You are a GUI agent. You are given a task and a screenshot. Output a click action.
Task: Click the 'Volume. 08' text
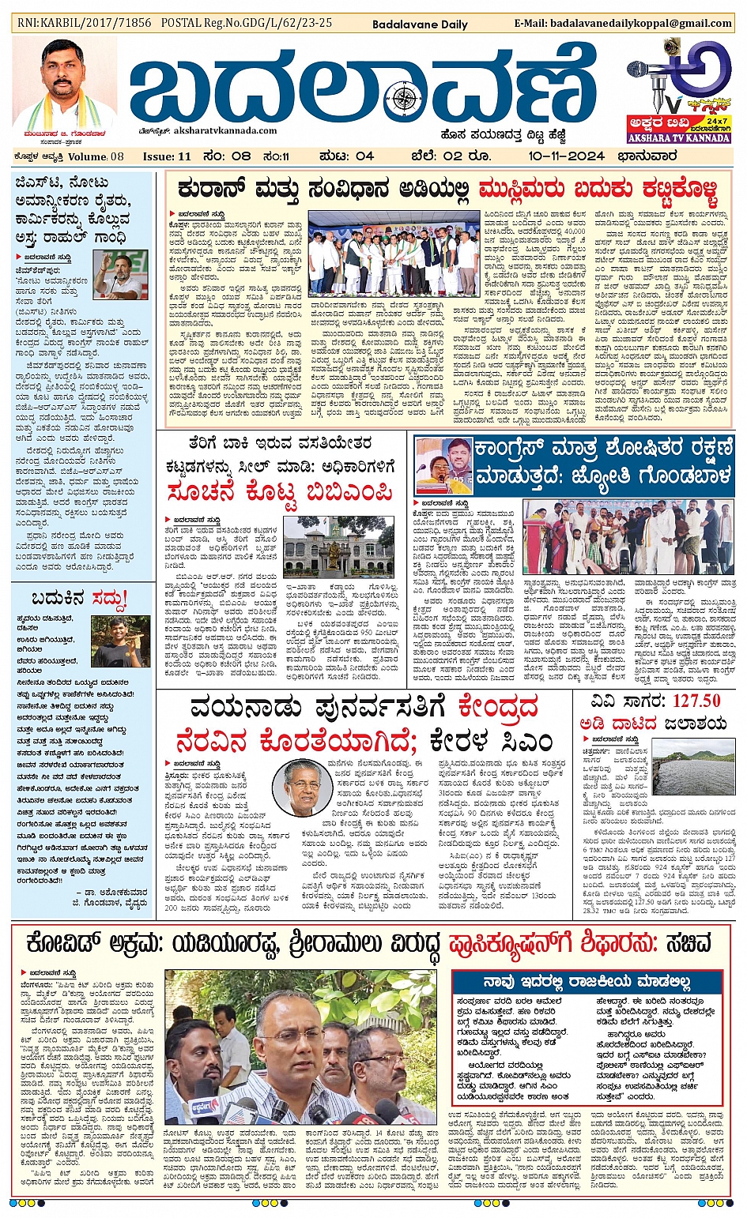pos(96,156)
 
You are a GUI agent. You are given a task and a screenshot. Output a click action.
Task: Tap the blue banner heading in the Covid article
pos(587,982)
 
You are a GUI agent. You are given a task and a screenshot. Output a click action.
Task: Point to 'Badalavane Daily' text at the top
pos(420,24)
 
